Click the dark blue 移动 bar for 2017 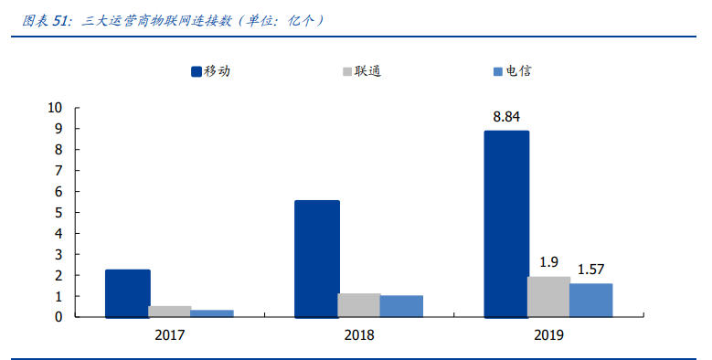127,293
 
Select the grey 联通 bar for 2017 170,312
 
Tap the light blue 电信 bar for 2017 212,313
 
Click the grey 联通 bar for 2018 359,305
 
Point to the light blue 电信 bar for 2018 401,306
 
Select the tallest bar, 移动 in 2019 506,224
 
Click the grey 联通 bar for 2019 548,297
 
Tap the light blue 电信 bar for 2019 590,301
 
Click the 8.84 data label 506,117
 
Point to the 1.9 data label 548,262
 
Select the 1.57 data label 591,270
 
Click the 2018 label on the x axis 359,335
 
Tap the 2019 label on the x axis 548,335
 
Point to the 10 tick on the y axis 55,108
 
